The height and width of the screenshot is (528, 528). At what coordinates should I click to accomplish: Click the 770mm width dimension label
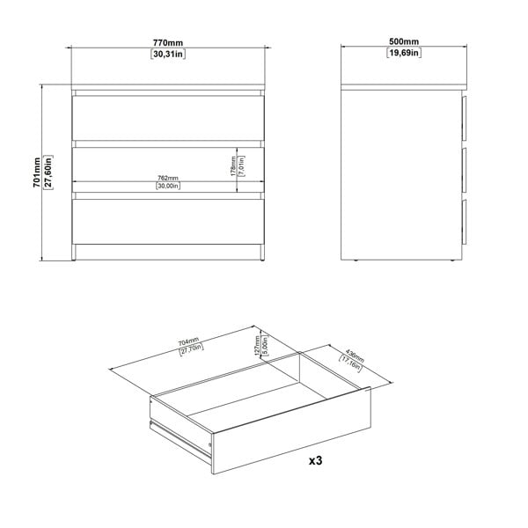click(x=167, y=41)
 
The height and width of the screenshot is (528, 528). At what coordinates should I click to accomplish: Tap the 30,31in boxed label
click(x=167, y=54)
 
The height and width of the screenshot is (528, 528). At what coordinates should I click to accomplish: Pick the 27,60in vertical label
click(x=49, y=172)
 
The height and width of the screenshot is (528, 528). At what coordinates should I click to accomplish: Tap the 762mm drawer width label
click(x=167, y=177)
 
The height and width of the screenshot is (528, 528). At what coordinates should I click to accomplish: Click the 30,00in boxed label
click(x=167, y=187)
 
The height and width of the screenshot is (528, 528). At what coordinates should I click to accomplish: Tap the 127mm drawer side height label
click(x=256, y=344)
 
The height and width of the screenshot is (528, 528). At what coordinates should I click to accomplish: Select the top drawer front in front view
click(x=167, y=116)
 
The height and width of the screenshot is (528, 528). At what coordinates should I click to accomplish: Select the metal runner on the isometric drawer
click(x=181, y=436)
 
